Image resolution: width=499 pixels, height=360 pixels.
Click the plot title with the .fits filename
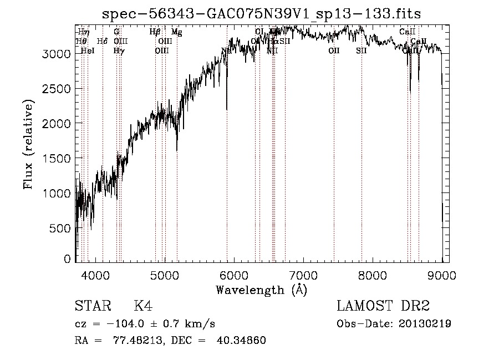tap(262, 14)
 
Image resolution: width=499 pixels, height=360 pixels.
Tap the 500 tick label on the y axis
tap(60, 228)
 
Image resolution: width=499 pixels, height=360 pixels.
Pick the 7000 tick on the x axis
tap(303, 275)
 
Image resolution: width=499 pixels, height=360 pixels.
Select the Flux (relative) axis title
tap(28, 144)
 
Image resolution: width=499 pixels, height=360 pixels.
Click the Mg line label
tap(176, 32)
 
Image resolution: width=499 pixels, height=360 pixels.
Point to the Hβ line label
tap(155, 32)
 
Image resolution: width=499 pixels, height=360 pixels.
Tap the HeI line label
tap(88, 50)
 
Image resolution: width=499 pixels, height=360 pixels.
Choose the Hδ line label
tap(102, 41)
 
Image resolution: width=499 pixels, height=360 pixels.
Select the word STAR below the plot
tap(92, 306)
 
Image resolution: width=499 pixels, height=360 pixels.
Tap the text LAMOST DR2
tap(383, 306)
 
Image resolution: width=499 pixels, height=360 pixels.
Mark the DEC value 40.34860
tap(242, 341)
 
